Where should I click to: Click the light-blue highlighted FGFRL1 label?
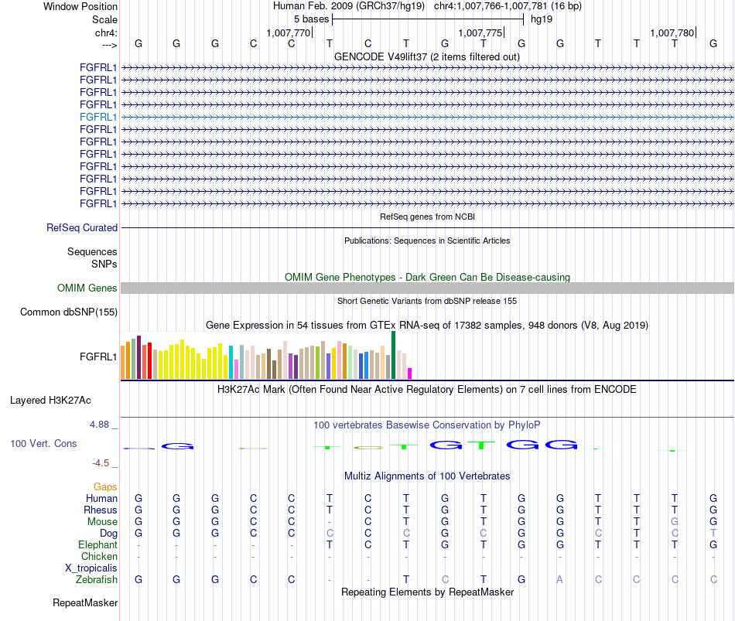pyautogui.click(x=98, y=118)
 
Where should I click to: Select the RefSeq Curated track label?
pyautogui.click(x=82, y=228)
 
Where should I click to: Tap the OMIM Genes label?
pyautogui.click(x=87, y=288)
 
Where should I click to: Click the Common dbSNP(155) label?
pyautogui.click(x=69, y=312)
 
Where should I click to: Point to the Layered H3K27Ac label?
pyautogui.click(x=50, y=401)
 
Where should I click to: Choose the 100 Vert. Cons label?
pyautogui.click(x=43, y=443)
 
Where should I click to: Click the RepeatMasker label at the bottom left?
pyautogui.click(x=85, y=602)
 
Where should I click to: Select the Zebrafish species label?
pyautogui.click(x=97, y=580)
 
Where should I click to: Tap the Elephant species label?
pyautogui.click(x=98, y=545)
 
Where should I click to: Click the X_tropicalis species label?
pyautogui.click(x=91, y=568)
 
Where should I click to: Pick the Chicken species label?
pyautogui.click(x=99, y=556)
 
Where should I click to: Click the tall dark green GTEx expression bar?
pyautogui.click(x=393, y=355)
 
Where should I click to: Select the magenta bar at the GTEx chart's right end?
pyautogui.click(x=410, y=374)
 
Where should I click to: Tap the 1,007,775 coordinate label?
pyautogui.click(x=480, y=32)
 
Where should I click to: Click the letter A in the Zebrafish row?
pyautogui.click(x=559, y=580)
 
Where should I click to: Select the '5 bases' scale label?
pyautogui.click(x=312, y=19)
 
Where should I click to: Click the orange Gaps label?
pyautogui.click(x=105, y=487)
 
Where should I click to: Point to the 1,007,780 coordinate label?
pyautogui.click(x=672, y=32)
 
